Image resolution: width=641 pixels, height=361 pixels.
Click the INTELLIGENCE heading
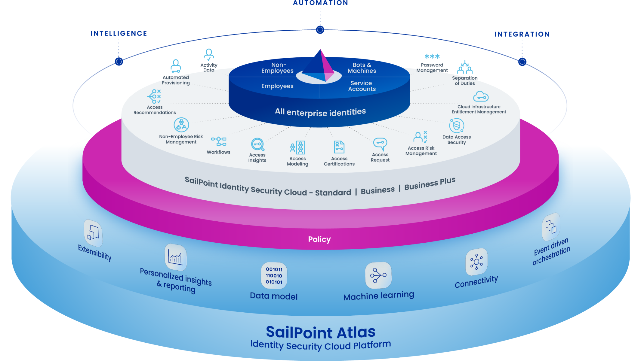tap(119, 34)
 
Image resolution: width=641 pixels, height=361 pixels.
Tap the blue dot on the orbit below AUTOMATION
tap(320, 30)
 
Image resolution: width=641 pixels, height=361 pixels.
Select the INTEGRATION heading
tap(522, 35)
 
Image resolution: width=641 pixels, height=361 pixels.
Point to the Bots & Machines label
tap(362, 68)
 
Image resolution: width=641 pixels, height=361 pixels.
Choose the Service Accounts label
tap(362, 86)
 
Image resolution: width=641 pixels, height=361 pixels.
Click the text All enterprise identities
tap(320, 112)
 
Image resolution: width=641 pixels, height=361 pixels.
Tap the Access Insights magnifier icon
tap(258, 144)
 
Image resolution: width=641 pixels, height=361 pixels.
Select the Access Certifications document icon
tap(339, 147)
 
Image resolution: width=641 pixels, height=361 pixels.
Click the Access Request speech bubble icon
tap(380, 144)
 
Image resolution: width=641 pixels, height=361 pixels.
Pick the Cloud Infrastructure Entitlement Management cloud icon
tap(480, 97)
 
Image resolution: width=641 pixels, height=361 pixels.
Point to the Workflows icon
tap(219, 141)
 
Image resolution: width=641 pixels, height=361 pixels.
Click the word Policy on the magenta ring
tap(319, 239)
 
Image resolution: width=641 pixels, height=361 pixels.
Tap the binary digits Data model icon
tap(274, 276)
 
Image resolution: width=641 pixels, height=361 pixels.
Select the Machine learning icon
tap(378, 275)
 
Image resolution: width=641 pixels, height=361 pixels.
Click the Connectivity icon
tap(476, 262)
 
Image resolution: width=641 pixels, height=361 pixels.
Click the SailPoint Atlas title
tap(321, 332)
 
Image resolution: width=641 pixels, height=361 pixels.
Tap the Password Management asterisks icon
tap(432, 56)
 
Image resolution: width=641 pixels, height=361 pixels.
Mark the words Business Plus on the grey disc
tap(430, 184)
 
